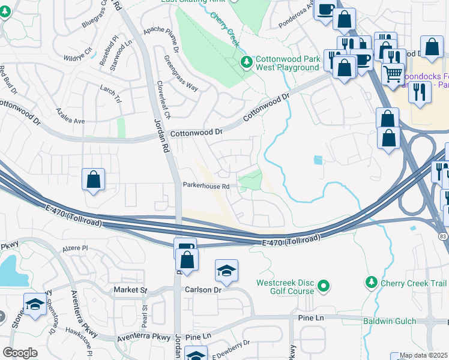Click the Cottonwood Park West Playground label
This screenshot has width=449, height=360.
pyautogui.click(x=288, y=64)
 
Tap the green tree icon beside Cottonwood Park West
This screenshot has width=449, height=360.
pyautogui.click(x=246, y=62)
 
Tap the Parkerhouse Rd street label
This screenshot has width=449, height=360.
pyautogui.click(x=206, y=187)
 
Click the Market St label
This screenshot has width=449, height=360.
pyautogui.click(x=130, y=290)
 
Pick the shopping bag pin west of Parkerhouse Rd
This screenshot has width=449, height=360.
pyautogui.click(x=94, y=179)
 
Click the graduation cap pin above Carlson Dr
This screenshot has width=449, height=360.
pyautogui.click(x=227, y=271)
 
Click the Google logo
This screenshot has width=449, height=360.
pyautogui.click(x=20, y=353)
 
